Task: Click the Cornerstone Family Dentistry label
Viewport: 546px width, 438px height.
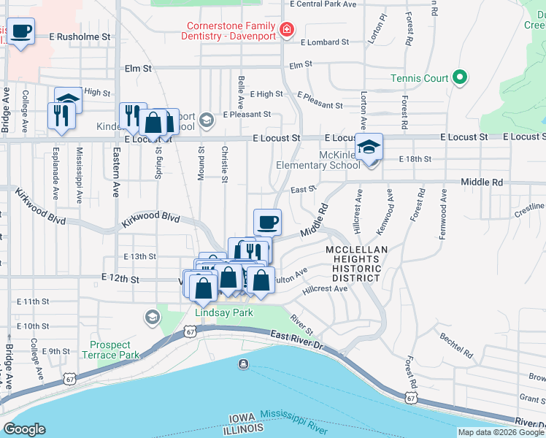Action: [231, 30]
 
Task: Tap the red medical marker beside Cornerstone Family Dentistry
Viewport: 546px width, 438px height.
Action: [288, 30]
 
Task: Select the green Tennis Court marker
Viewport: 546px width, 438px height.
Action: [460, 77]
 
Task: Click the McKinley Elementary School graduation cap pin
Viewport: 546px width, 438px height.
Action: [369, 146]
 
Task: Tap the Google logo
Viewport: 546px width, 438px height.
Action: [25, 429]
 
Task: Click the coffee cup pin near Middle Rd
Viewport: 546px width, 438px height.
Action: [267, 221]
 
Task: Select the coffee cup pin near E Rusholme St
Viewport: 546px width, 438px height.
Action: [21, 33]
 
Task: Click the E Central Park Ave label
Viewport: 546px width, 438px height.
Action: [322, 4]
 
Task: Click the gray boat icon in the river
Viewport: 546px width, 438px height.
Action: [242, 364]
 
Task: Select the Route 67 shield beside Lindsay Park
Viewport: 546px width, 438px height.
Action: [190, 331]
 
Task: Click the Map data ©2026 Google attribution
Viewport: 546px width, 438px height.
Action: [501, 432]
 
